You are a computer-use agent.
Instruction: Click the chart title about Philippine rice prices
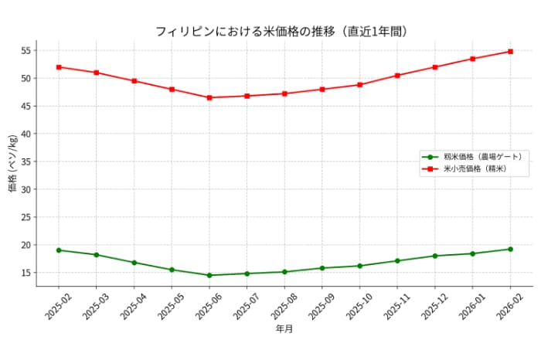pos(281,32)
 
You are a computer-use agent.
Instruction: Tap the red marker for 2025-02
pos(59,67)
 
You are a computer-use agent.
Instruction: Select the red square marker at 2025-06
pos(209,97)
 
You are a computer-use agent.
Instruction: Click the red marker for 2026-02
pos(511,52)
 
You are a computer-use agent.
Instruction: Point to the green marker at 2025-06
pos(209,275)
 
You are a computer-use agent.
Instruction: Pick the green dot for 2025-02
pos(59,250)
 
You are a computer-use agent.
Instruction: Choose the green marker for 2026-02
pos(511,249)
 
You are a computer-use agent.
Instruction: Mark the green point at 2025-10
pos(360,266)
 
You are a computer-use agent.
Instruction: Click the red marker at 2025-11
pos(398,76)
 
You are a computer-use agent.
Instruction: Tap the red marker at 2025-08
pos(284,93)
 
